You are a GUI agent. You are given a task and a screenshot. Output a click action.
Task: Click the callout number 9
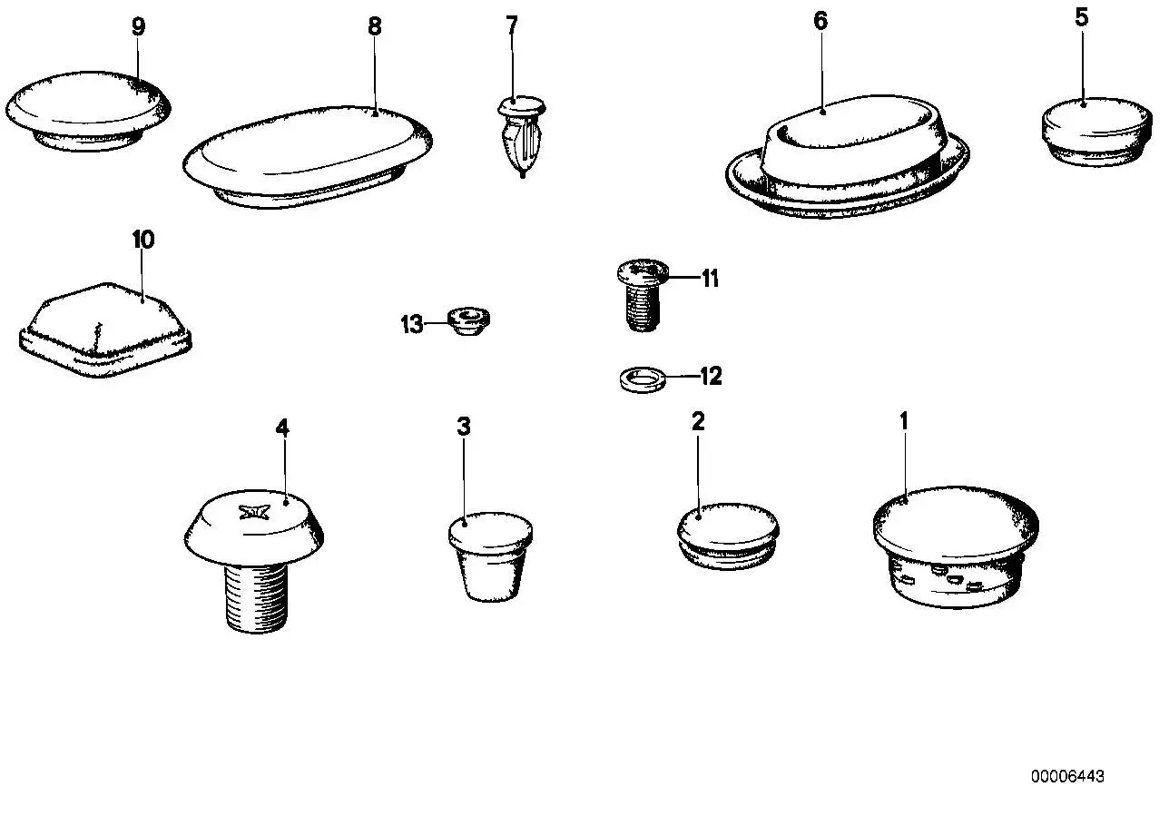coord(138,26)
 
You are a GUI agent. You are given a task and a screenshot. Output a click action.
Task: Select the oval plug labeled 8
coord(308,156)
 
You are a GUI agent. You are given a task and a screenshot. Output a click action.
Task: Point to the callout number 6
coord(820,21)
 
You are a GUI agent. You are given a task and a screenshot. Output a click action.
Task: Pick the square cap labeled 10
coord(105,330)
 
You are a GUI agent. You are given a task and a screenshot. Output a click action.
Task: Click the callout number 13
coord(411,325)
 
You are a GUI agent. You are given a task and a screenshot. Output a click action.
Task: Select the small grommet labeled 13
coord(468,321)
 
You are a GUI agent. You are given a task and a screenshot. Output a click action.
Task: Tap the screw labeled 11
coord(643,295)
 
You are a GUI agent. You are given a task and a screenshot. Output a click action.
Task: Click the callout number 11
coord(710,279)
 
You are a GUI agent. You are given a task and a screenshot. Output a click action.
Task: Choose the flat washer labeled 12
coord(643,379)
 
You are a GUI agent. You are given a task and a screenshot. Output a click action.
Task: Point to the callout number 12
coord(711,376)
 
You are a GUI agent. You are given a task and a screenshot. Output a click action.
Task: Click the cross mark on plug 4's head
coord(253,513)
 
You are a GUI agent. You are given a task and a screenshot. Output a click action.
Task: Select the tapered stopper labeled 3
coord(490,556)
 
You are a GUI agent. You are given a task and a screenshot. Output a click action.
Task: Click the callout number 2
coord(698,421)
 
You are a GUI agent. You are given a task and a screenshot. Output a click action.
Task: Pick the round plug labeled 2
coord(728,536)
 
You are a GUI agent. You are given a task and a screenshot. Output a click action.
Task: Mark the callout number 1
coord(904,421)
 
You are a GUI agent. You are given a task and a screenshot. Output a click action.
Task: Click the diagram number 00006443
coord(1067,777)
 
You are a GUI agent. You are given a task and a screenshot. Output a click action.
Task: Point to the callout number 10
coord(143,240)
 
